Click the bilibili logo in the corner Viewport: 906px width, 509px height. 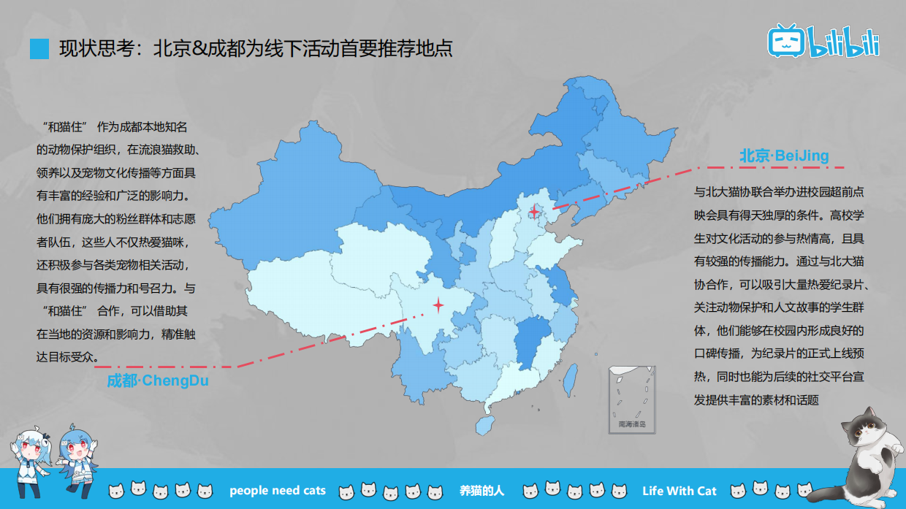[823, 41]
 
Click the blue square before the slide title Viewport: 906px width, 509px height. [39, 49]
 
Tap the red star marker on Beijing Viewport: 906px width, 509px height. [535, 212]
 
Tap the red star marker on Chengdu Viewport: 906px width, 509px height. [438, 305]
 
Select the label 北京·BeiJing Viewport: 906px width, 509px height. [783, 156]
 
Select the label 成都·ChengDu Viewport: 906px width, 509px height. [157, 380]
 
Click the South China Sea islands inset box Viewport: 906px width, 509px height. [632, 400]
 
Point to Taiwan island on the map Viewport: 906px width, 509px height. [573, 377]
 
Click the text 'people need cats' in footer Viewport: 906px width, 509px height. [278, 490]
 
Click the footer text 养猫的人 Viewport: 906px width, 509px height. [481, 490]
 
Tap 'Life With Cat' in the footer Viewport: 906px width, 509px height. [679, 490]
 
